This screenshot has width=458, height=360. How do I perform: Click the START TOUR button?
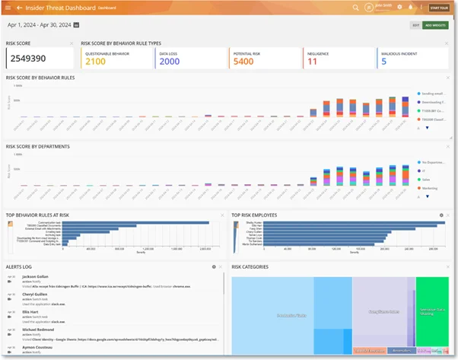click(x=439, y=8)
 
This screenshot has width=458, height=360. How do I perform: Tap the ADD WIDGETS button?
click(x=436, y=25)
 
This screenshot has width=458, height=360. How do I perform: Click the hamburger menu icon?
click(x=7, y=8)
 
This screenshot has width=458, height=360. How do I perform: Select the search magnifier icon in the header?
click(x=355, y=8)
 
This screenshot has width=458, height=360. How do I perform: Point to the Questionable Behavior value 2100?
click(x=96, y=62)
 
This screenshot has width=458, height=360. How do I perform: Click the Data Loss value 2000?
click(x=169, y=62)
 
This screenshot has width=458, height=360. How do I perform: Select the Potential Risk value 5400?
click(x=243, y=62)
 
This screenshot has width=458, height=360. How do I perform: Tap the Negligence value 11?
click(x=312, y=62)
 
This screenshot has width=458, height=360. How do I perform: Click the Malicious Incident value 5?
click(x=383, y=62)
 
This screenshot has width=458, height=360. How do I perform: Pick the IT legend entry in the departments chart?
click(x=425, y=170)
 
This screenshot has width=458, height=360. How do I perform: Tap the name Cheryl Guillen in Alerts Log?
click(x=37, y=295)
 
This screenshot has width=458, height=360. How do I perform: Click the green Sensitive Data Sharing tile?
click(x=431, y=312)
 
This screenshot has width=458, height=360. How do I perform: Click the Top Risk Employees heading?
click(x=254, y=215)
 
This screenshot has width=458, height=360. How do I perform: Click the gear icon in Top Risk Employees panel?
click(x=441, y=215)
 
